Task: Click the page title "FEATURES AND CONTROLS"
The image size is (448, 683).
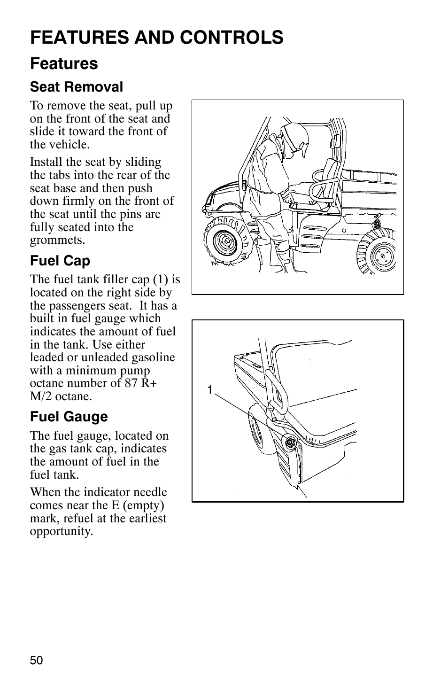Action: (x=156, y=37)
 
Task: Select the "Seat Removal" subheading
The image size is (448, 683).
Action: (x=77, y=87)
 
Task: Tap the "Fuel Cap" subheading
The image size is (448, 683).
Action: (x=60, y=261)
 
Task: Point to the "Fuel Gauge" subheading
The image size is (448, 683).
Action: (x=69, y=417)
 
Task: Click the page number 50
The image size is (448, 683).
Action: (x=37, y=660)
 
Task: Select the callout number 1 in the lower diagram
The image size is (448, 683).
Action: (x=210, y=389)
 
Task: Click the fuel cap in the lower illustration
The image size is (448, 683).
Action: (x=290, y=442)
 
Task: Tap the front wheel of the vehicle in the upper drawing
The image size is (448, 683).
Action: (x=224, y=242)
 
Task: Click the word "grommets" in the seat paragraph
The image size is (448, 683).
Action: (x=58, y=240)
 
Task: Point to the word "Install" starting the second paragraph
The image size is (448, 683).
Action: (x=46, y=162)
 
